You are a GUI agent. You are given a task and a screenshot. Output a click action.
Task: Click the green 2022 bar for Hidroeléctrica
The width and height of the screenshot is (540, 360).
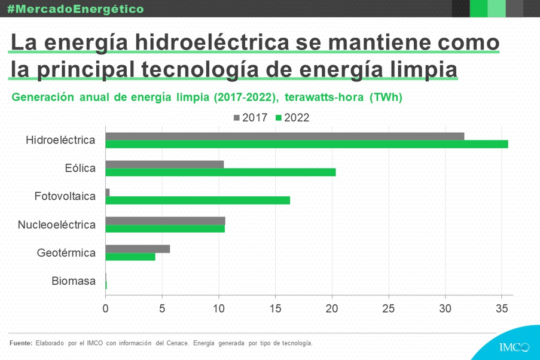click(x=306, y=144)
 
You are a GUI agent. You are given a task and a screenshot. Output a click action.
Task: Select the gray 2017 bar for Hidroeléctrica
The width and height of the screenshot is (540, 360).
click(x=285, y=136)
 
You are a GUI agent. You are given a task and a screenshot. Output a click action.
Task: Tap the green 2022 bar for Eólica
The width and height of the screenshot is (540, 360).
click(x=220, y=172)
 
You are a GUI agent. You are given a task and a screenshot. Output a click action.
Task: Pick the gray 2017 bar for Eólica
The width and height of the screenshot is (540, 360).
click(x=164, y=164)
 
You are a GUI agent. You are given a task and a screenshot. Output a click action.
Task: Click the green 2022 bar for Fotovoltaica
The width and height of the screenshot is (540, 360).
click(x=197, y=200)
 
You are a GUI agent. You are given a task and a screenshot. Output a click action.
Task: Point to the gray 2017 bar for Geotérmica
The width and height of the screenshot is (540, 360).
click(x=138, y=249)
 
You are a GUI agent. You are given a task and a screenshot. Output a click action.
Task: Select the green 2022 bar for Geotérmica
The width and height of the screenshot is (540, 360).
click(x=130, y=257)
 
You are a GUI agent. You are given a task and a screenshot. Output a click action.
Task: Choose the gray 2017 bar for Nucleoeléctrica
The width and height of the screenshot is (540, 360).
click(x=165, y=221)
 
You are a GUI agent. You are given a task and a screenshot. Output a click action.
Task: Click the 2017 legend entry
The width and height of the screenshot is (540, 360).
click(x=250, y=118)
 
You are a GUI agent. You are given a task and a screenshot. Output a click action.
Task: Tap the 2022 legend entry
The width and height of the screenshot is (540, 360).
click(x=292, y=118)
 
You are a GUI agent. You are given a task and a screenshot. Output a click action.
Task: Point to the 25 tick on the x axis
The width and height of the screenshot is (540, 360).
click(x=389, y=309)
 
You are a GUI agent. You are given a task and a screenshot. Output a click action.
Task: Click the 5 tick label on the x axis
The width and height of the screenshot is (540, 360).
click(x=162, y=309)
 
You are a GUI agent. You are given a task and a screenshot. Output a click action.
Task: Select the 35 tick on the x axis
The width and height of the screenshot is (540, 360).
click(x=502, y=309)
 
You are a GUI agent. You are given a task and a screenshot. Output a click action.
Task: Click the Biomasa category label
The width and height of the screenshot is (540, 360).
click(x=74, y=281)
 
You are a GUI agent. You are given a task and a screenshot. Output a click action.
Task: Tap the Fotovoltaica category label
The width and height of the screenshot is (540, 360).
click(x=65, y=196)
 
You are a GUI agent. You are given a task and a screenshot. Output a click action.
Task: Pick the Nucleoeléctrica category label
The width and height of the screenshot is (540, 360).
click(x=57, y=225)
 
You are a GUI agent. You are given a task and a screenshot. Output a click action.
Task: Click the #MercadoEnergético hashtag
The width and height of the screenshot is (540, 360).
click(x=75, y=9)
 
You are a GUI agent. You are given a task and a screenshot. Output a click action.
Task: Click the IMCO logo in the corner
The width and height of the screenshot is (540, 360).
click(x=514, y=347)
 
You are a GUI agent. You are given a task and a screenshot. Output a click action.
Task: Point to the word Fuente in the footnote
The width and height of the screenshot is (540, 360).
click(x=21, y=343)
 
